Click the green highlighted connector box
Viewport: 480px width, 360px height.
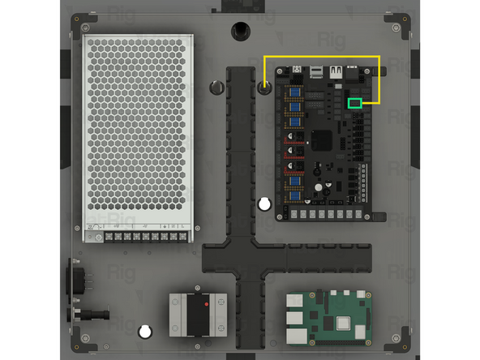coord(354,103)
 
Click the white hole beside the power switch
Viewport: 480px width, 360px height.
coord(145,331)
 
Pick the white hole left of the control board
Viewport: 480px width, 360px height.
coord(264,204)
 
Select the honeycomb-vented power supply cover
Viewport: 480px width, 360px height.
coord(138,130)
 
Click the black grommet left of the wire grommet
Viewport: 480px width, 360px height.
coord(216,88)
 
